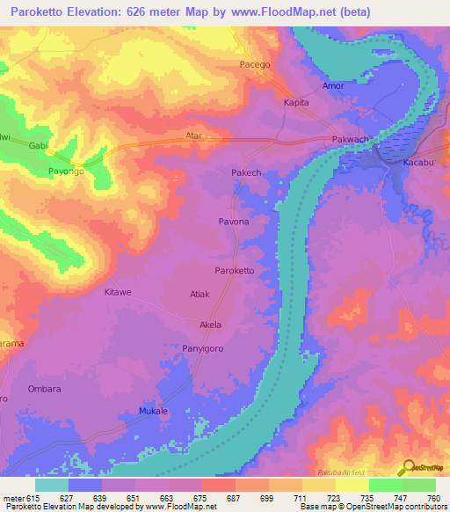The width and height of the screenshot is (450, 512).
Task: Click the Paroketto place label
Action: pos(235,271)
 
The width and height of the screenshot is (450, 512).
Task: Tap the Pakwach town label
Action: pos(350,140)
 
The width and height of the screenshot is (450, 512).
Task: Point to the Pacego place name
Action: pos(255,65)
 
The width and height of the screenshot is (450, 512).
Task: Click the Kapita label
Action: pos(296,103)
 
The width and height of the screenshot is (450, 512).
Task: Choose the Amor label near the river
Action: pos(333,86)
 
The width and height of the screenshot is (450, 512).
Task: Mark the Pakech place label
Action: pos(246,173)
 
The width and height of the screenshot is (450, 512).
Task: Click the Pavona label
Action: pos(234,223)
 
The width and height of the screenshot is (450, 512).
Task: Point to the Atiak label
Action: pos(200,294)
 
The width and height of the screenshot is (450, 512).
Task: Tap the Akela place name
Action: pos(211,325)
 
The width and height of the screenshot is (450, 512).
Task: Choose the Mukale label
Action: pos(154,412)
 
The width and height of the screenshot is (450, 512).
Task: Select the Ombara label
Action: pos(44,390)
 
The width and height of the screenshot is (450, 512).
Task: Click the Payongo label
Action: pos(66,172)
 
